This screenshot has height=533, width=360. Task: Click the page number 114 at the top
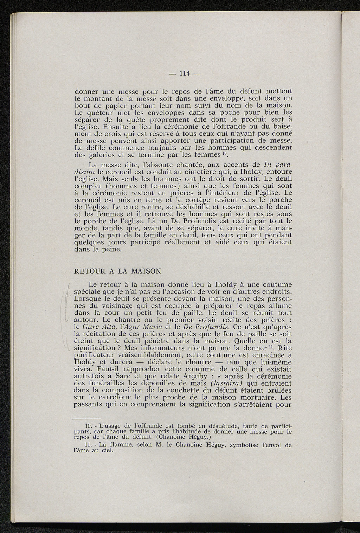tap(184, 73)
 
